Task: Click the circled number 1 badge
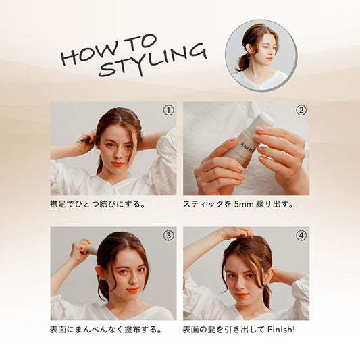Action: point(169,111)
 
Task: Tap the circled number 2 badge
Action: point(301,111)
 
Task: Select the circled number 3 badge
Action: point(169,235)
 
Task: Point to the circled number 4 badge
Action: point(301,235)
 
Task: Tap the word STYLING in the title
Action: point(153,61)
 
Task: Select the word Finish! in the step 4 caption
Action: point(282,330)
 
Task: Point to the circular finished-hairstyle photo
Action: point(261,55)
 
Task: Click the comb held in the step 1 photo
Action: point(85,139)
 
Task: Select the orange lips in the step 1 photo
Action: point(118,164)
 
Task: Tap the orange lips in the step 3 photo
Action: point(132,290)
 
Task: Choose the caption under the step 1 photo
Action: point(98,204)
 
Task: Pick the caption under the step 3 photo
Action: point(106,330)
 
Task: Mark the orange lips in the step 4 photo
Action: point(242,295)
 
